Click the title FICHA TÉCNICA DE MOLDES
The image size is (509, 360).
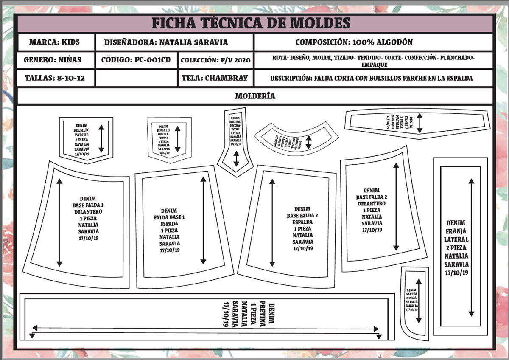(251, 23)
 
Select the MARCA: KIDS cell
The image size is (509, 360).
(54, 42)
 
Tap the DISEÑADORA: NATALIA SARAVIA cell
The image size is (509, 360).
(166, 42)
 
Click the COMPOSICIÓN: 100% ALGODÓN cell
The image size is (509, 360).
(354, 42)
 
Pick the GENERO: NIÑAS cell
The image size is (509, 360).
(53, 60)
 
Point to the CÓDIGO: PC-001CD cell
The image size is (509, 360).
(136, 60)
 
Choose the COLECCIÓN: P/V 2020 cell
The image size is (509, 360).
(215, 60)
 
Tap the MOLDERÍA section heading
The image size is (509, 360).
(255, 96)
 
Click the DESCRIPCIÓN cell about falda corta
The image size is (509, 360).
(371, 78)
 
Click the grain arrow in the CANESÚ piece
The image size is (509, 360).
(420, 123)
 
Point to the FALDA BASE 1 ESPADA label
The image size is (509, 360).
(170, 230)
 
